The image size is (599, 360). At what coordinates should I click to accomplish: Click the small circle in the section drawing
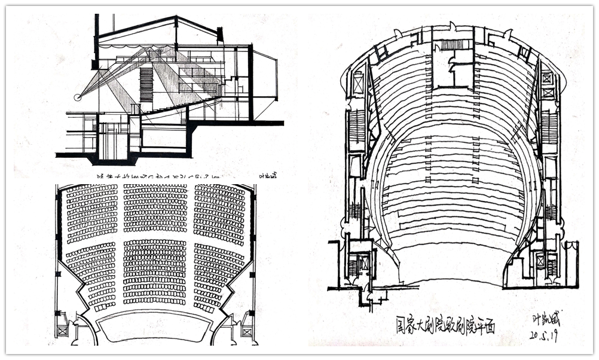coord(77,97)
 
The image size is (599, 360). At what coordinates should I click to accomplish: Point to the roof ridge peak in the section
coord(176,18)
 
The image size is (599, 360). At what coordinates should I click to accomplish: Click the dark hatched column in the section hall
coord(146,84)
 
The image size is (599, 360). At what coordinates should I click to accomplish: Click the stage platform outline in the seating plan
coord(154,327)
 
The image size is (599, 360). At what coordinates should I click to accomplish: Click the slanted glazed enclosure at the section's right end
coord(265,78)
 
